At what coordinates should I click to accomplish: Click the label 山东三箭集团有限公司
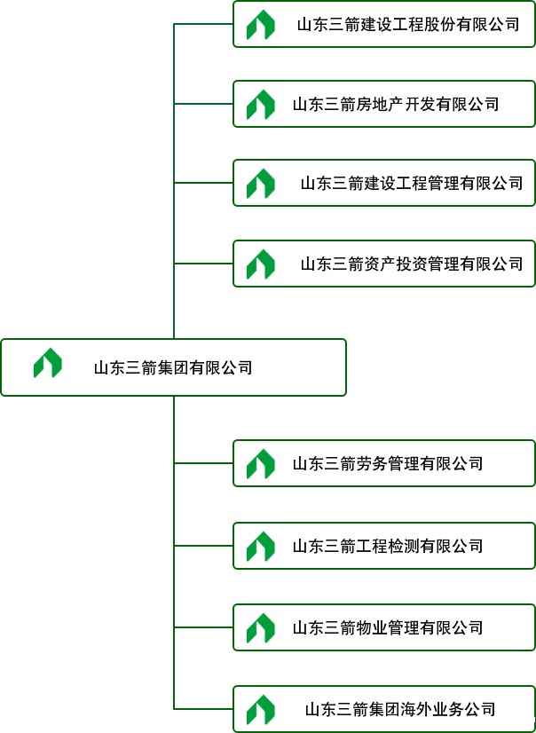click(173, 367)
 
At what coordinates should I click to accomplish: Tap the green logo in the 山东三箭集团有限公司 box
click(48, 364)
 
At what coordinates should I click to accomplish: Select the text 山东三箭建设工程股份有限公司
click(408, 25)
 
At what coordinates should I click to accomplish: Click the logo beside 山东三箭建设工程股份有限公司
click(260, 25)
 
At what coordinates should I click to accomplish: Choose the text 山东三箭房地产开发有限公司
click(396, 105)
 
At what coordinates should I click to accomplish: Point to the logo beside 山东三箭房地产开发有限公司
click(260, 105)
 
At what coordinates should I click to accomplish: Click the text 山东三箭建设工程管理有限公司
click(411, 184)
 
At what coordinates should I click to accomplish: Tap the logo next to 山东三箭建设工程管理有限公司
click(260, 184)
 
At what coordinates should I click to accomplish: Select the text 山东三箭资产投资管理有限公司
click(411, 264)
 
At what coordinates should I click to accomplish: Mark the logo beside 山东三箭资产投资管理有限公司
click(260, 264)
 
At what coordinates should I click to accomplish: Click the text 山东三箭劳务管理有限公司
click(388, 463)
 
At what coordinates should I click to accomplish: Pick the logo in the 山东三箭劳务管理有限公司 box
click(260, 463)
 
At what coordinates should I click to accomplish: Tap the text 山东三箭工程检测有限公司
click(388, 546)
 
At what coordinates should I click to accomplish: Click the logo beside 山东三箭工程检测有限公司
click(260, 546)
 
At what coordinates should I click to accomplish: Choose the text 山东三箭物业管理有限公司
click(388, 627)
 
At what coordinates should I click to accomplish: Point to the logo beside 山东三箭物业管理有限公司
click(260, 627)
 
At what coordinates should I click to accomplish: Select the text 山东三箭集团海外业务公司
click(400, 709)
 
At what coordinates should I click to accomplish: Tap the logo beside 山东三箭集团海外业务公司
click(260, 709)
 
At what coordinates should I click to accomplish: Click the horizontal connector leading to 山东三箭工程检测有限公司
click(203, 546)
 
